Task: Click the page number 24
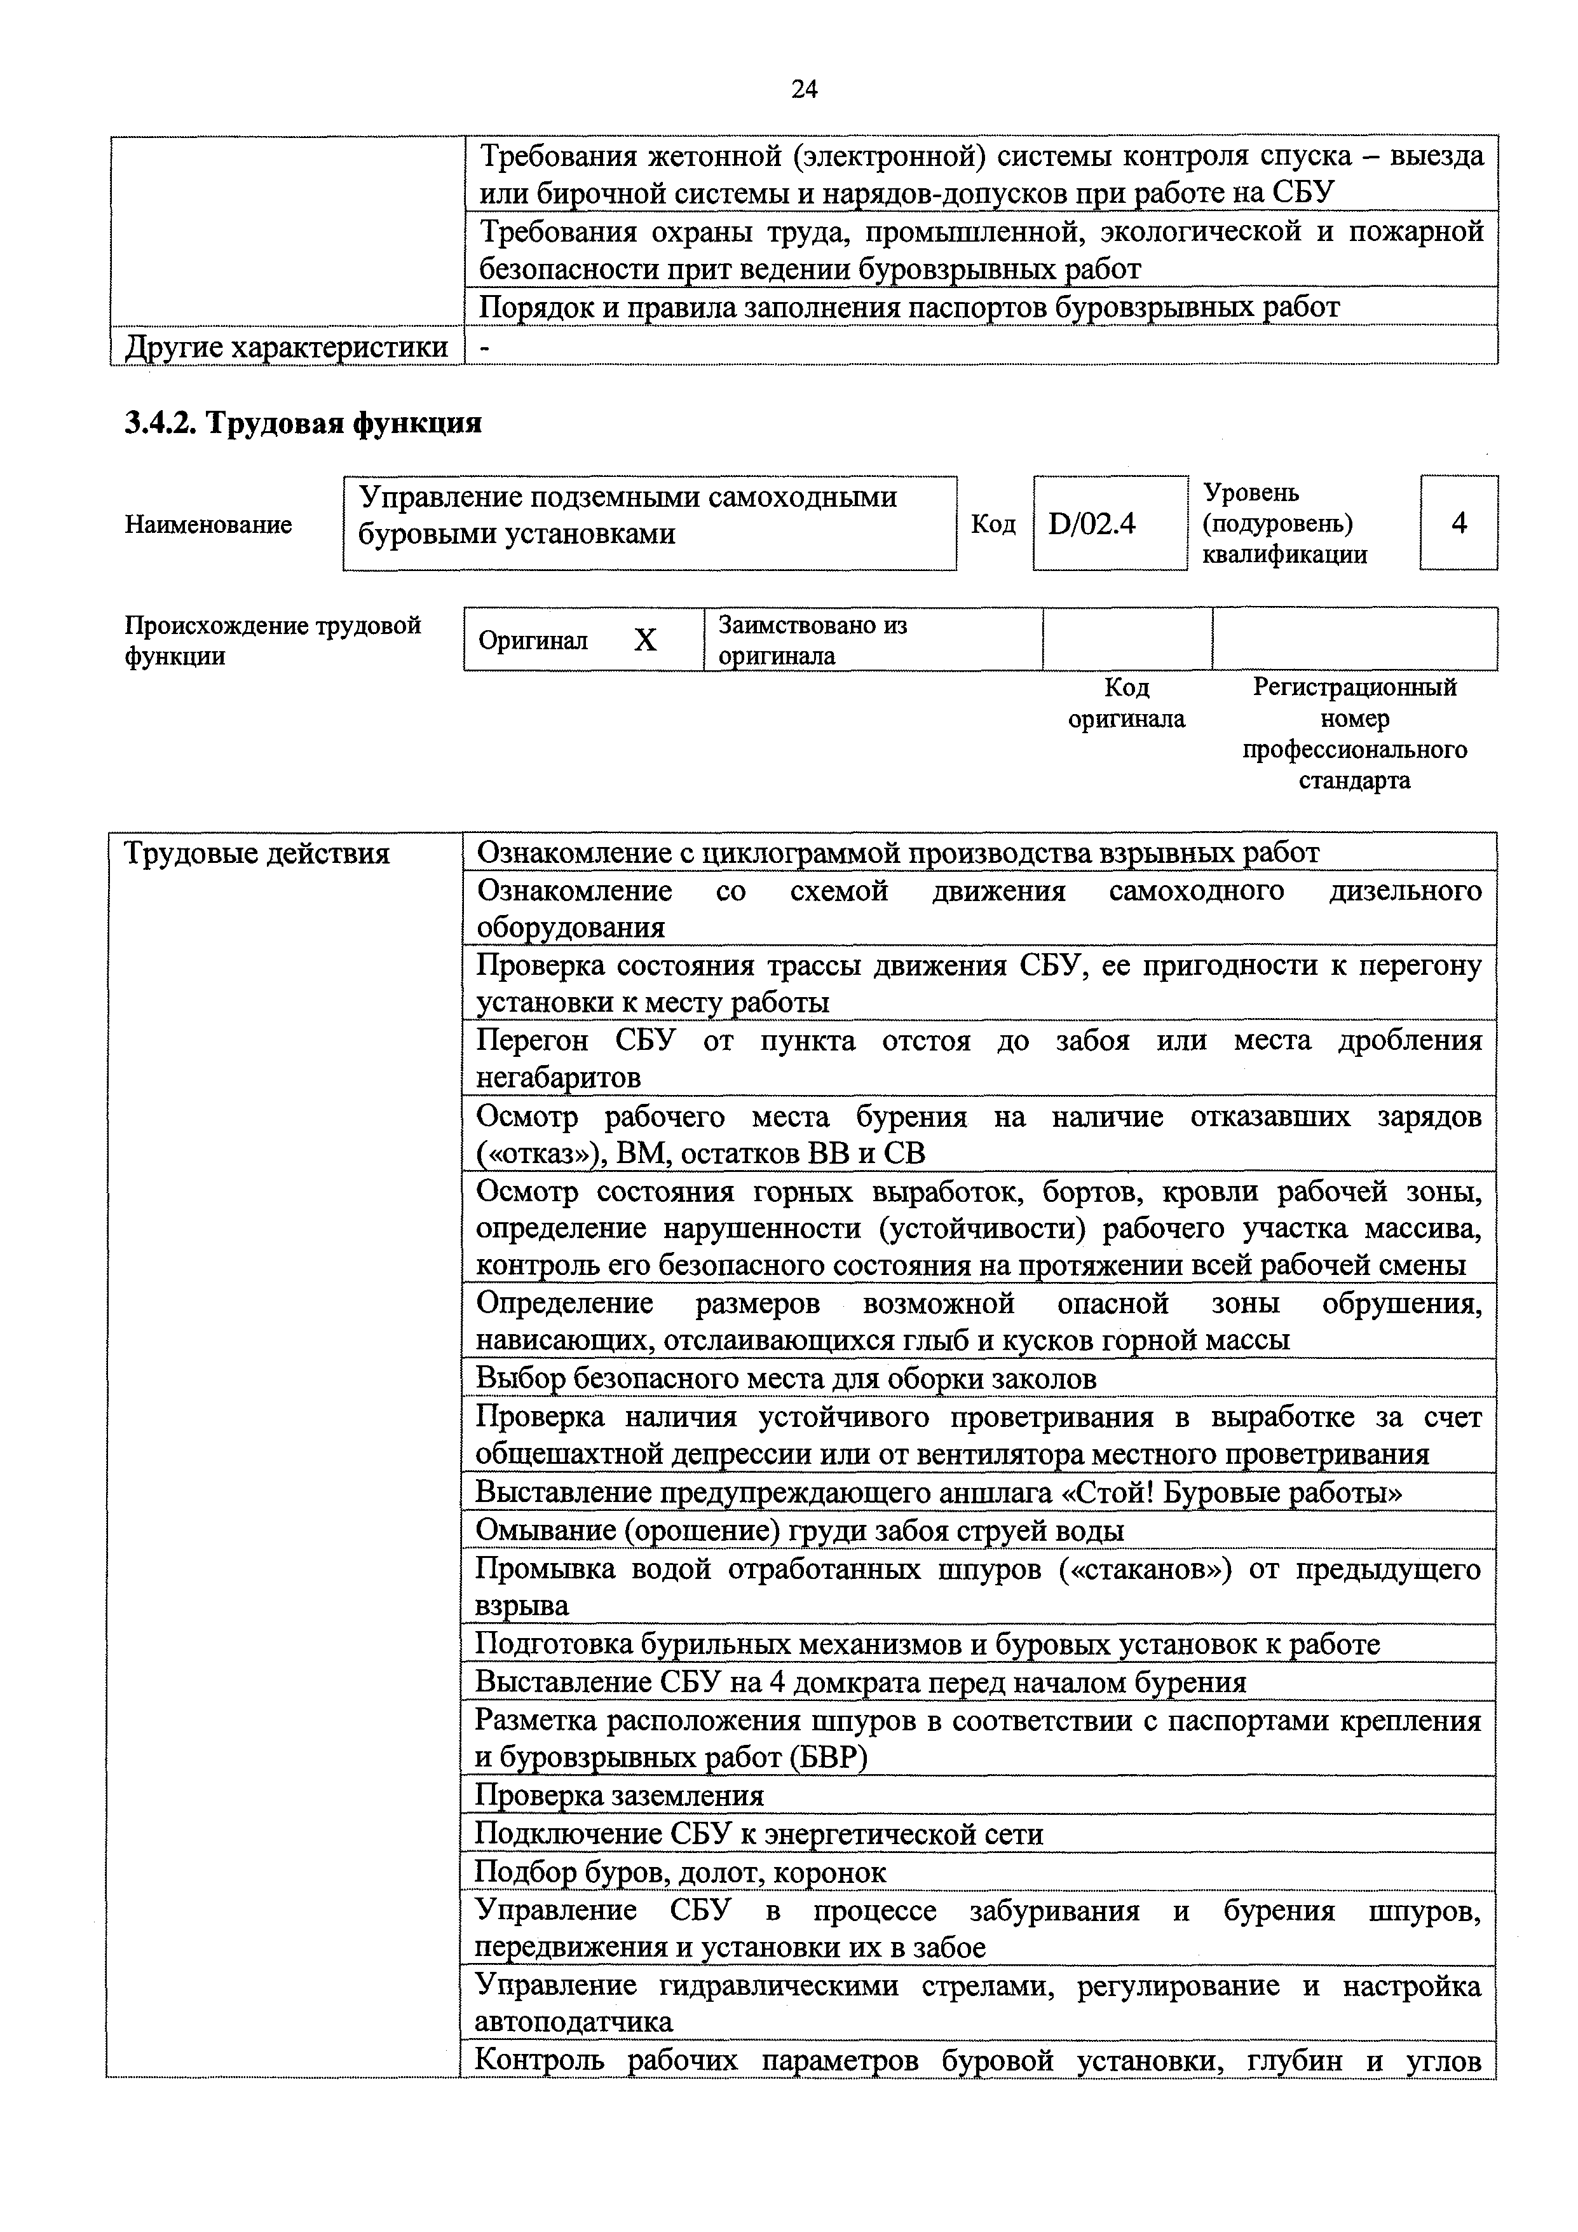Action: [x=805, y=90]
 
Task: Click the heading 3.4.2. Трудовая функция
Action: [x=303, y=424]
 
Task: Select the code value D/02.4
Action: [x=1092, y=525]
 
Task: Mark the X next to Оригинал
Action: [x=645, y=640]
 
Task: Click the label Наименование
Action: [x=208, y=525]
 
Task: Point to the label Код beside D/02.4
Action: [x=993, y=525]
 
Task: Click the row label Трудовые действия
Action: [x=257, y=853]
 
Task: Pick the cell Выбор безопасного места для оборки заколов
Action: [x=785, y=1379]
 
